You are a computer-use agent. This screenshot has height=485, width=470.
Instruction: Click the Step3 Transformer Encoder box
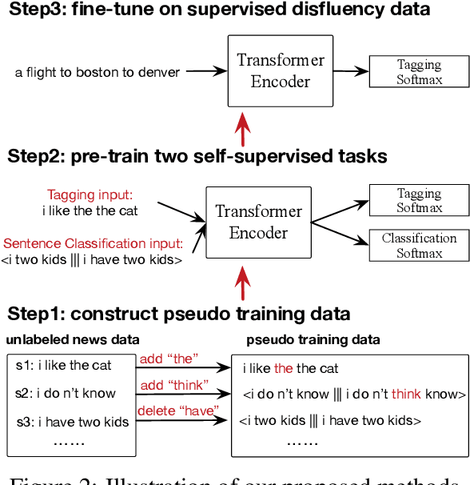click(269, 71)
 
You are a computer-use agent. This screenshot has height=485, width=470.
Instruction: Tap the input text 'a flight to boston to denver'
click(98, 73)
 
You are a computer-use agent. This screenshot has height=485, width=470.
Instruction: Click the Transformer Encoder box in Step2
click(258, 222)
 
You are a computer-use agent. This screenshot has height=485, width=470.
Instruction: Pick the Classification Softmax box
click(419, 246)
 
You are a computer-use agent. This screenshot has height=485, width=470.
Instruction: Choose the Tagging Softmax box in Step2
click(419, 200)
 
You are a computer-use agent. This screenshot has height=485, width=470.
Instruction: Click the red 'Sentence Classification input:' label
click(93, 243)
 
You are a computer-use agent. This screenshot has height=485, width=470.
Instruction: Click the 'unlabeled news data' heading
click(73, 339)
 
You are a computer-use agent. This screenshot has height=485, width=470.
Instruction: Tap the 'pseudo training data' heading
click(313, 339)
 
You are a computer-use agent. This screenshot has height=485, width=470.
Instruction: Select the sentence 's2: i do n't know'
click(66, 394)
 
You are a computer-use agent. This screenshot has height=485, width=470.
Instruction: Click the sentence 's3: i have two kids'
click(73, 422)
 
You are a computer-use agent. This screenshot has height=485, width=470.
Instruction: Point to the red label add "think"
click(174, 385)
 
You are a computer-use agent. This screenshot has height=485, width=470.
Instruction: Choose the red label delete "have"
click(177, 412)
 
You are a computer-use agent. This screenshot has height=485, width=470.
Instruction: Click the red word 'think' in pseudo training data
click(407, 394)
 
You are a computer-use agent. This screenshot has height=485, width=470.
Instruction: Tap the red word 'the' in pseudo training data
click(284, 368)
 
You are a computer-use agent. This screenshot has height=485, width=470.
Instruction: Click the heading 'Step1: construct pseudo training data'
click(179, 313)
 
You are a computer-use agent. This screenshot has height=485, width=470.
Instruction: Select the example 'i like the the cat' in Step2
click(90, 210)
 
